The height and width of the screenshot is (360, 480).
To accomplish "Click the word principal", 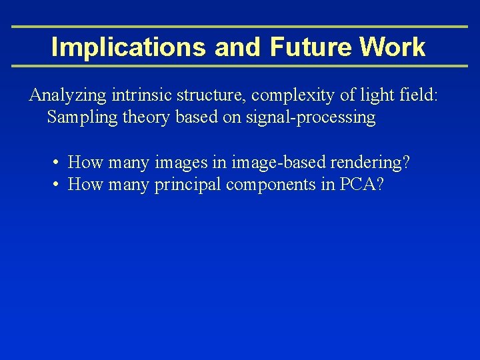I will [x=188, y=185].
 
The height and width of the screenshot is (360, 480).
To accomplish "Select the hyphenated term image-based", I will [x=268, y=162].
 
